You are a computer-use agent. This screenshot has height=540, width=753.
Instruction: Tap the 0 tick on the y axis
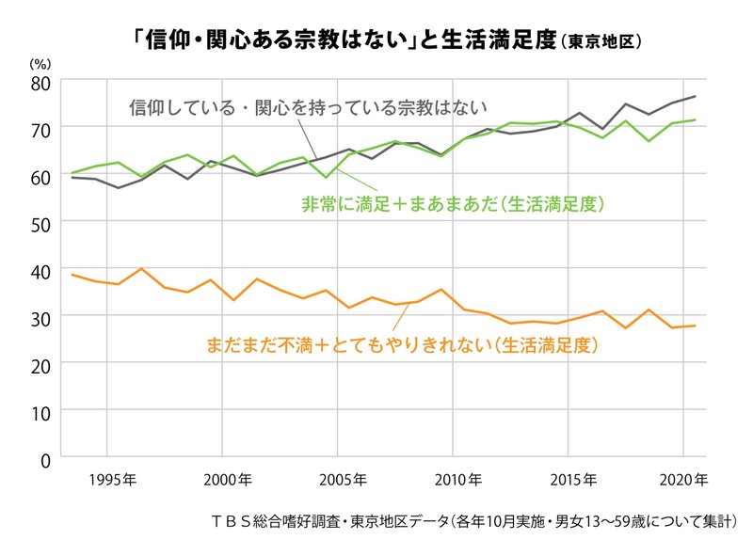(x=44, y=458)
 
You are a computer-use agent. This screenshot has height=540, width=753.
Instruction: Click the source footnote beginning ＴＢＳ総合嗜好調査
(x=474, y=519)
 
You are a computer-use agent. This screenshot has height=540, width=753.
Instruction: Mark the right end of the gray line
(x=696, y=96)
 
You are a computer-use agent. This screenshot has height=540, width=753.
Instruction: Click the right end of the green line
(x=696, y=119)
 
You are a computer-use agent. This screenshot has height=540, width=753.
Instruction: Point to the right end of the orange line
(x=696, y=326)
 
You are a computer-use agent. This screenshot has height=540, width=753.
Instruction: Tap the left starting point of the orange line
(x=72, y=274)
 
